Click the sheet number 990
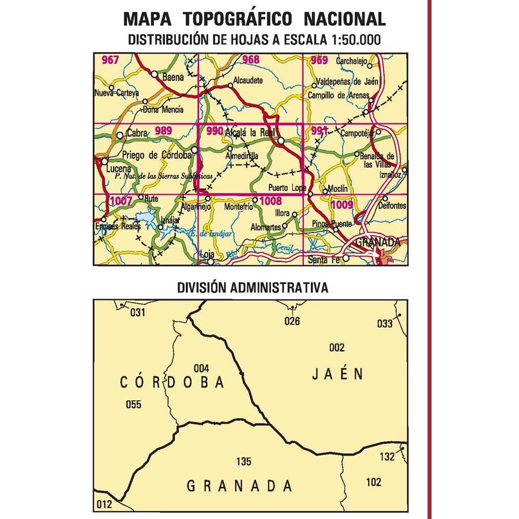(215, 131)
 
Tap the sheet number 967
(110, 61)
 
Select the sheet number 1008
(270, 201)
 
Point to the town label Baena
(172, 76)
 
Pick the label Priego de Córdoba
(156, 155)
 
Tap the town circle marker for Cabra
(120, 136)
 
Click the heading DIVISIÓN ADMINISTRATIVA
(253, 287)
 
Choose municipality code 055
(133, 404)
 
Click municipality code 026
(292, 321)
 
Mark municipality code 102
(374, 482)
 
